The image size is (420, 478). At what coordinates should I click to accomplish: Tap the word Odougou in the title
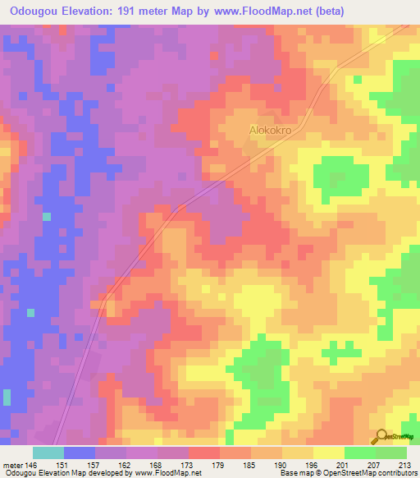coord(35,11)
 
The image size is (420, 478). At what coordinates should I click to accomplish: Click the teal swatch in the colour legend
coord(48,453)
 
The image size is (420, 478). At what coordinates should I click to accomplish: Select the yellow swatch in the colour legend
coord(328,453)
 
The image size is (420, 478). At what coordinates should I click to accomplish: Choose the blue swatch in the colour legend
coord(80,453)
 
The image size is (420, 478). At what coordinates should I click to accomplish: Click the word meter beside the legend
coord(14,464)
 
